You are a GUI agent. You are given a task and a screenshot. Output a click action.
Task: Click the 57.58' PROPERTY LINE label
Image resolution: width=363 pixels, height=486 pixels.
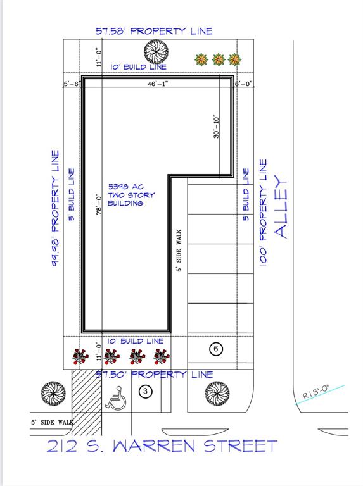pos(154,30)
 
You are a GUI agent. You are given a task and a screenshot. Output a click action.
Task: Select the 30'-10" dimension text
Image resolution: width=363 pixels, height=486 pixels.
pos(217,127)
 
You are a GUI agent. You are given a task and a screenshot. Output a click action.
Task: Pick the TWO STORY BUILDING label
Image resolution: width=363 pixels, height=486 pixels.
pos(126,195)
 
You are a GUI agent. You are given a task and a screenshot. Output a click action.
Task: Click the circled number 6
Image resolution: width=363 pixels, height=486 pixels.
pos(215,349)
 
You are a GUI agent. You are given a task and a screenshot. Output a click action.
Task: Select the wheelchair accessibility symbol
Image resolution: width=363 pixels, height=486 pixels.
pos(117,397)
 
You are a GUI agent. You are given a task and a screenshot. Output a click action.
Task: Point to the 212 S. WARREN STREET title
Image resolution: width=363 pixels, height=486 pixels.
pos(162,446)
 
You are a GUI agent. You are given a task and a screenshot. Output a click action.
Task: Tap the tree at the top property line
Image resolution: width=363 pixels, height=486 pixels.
pos(155,51)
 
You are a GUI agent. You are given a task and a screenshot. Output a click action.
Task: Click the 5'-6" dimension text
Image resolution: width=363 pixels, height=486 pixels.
pos(71,84)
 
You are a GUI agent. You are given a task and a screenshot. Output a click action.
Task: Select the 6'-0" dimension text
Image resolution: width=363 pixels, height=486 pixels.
pos(243,84)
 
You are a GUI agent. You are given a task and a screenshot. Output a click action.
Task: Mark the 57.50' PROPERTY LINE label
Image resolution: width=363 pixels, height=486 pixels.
pos(154,375)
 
